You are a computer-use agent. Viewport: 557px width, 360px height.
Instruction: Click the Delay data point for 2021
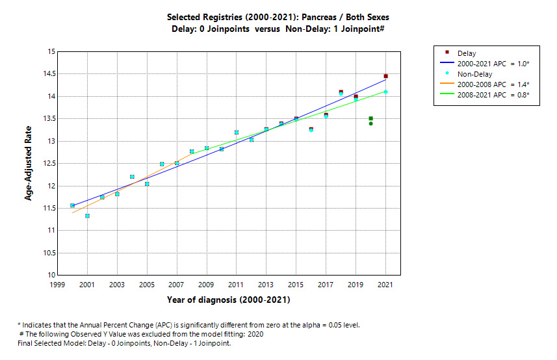click(385, 76)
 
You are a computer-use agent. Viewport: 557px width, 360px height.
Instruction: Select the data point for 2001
click(87, 216)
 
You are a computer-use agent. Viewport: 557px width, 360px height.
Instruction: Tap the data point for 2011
click(237, 133)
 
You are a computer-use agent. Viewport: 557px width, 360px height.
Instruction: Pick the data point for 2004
click(132, 177)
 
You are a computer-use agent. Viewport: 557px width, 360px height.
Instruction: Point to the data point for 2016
click(311, 129)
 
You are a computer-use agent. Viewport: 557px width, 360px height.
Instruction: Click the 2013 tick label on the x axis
click(266, 285)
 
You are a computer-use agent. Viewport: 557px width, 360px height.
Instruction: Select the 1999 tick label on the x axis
click(58, 285)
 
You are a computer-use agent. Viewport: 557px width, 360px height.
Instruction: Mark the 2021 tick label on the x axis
click(385, 285)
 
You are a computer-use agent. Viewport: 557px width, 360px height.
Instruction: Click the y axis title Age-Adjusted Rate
click(29, 163)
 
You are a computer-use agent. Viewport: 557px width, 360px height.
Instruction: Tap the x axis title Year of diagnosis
click(228, 300)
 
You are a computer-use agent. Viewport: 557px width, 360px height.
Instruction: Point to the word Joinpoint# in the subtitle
click(369, 29)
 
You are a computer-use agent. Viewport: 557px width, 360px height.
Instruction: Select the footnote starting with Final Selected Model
click(124, 343)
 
